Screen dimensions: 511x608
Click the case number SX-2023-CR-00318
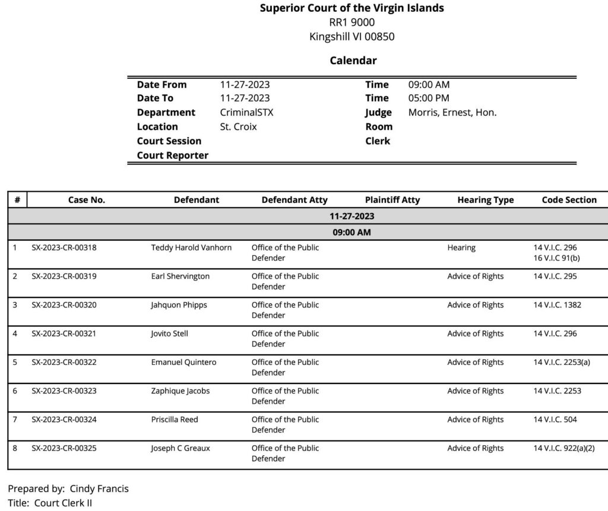click(x=64, y=247)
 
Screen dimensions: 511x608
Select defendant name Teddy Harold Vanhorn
click(x=191, y=247)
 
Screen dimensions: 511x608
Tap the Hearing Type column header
click(x=485, y=200)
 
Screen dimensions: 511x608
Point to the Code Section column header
click(x=569, y=200)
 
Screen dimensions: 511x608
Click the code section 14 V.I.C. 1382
click(x=557, y=305)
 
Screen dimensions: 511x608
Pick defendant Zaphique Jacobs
click(x=180, y=391)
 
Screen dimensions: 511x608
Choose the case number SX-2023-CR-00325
click(x=64, y=448)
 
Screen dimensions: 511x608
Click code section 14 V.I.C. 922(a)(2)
click(x=563, y=448)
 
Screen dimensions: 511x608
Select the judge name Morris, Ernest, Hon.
click(x=452, y=113)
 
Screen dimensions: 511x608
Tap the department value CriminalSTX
click(x=246, y=113)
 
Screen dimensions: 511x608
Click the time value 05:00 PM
click(x=429, y=99)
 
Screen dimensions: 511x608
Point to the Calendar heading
click(x=353, y=61)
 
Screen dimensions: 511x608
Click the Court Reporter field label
click(x=172, y=155)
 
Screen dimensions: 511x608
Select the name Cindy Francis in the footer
click(x=99, y=489)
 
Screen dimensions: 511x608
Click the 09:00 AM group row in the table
click(x=351, y=232)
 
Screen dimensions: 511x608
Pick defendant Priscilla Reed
click(x=175, y=420)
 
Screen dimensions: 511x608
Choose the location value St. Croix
click(x=238, y=127)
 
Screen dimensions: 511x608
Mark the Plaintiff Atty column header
click(x=392, y=200)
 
